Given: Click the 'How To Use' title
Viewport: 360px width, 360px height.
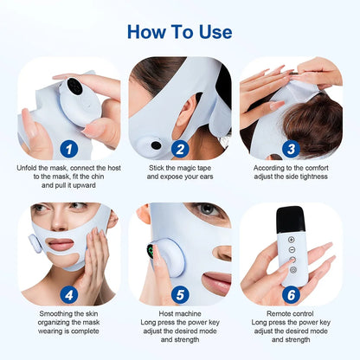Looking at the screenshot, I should pyautogui.click(x=180, y=32).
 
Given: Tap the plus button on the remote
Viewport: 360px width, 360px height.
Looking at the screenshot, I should pyautogui.click(x=291, y=238).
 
